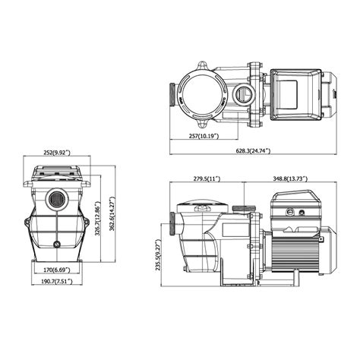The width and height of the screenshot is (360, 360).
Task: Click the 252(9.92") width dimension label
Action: (57, 151)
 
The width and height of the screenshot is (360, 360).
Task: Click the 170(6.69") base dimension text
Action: (58, 268)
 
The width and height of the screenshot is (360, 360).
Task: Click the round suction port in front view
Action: (57, 201)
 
